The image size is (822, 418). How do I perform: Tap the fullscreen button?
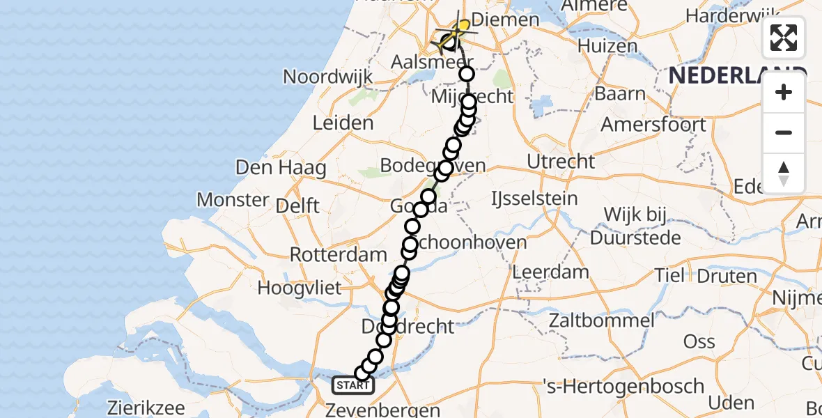point(784,38)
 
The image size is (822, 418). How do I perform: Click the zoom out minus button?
point(784,132)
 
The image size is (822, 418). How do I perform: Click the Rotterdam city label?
point(328,254)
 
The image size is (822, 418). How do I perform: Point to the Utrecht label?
point(561,162)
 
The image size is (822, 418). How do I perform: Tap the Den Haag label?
point(281,167)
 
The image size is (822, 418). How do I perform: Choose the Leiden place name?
point(343,123)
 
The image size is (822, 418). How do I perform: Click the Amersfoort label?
point(653,125)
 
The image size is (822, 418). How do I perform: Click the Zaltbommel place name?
point(600,321)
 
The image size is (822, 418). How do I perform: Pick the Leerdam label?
point(550,272)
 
